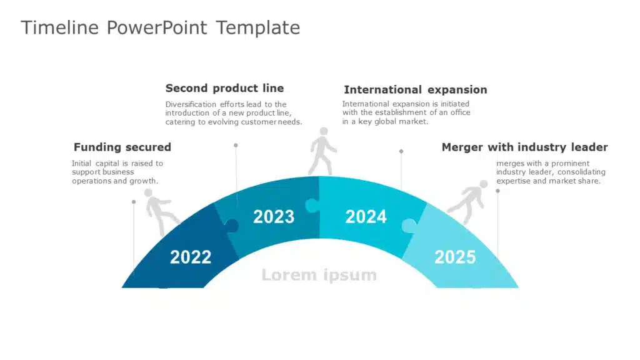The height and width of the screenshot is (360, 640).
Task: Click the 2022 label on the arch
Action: click(x=191, y=257)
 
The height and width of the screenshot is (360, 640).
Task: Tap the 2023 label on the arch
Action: click(x=274, y=217)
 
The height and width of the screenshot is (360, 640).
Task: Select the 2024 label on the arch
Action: click(x=366, y=217)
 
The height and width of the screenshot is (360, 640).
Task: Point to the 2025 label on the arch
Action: click(x=455, y=257)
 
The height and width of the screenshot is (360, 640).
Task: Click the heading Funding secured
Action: click(x=122, y=147)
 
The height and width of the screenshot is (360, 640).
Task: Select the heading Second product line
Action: click(x=224, y=88)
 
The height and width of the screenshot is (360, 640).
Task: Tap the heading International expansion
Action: click(x=416, y=90)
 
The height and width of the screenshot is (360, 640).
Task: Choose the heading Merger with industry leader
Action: click(x=524, y=147)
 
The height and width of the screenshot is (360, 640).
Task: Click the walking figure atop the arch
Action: click(x=322, y=151)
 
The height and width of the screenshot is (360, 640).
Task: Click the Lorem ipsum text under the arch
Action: click(x=319, y=275)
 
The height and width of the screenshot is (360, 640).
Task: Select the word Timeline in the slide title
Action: click(x=59, y=27)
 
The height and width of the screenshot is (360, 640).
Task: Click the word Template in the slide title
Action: click(x=258, y=28)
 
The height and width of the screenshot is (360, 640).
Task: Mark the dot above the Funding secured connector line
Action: click(x=134, y=202)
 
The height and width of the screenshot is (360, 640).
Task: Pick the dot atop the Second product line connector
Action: click(x=236, y=145)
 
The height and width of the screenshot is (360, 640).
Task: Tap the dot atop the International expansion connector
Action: click(x=401, y=151)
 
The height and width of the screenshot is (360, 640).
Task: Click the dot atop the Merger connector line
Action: click(x=497, y=191)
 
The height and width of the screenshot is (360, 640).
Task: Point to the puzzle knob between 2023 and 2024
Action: click(x=312, y=205)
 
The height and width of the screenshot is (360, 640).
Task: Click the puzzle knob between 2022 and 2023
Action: click(x=232, y=225)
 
